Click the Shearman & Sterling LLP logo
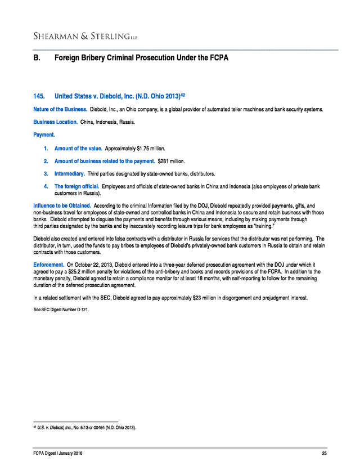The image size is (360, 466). coord(85,37)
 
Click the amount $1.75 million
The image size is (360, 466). coord(151,149)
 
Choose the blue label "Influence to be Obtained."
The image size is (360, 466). coord(62,207)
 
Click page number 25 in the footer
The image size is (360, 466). coord(324,454)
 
